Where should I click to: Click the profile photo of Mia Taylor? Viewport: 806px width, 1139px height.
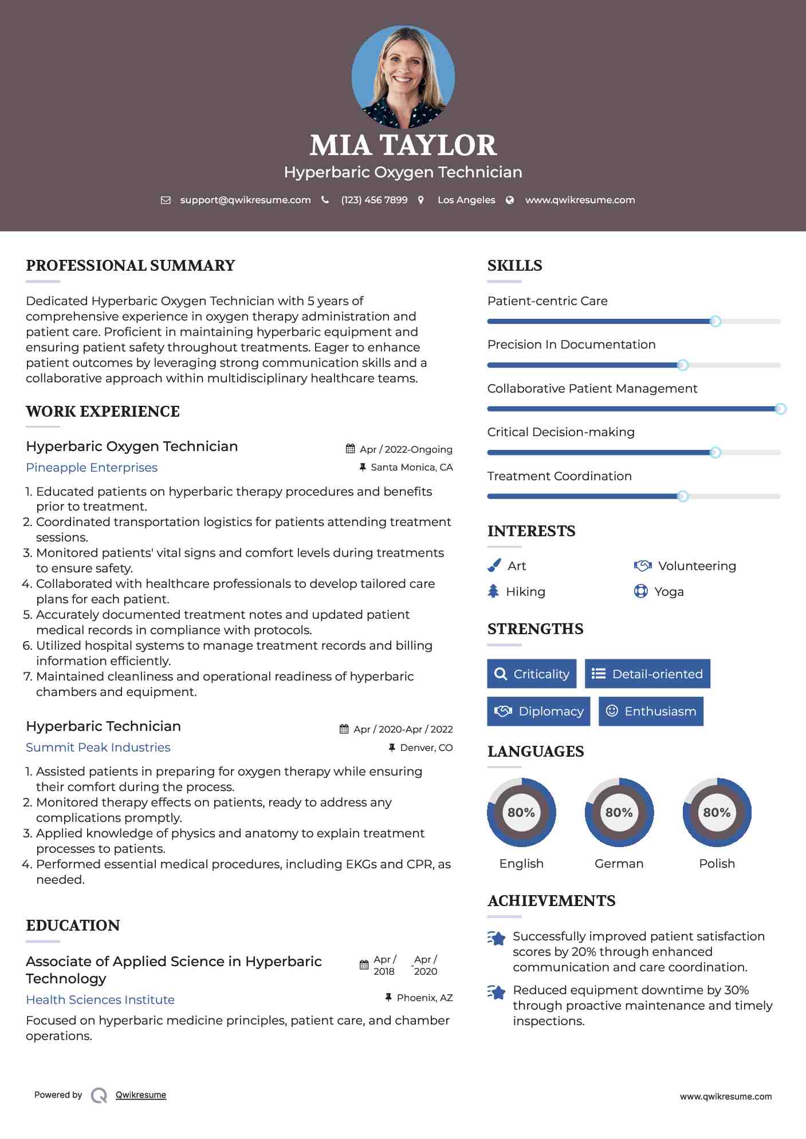403,77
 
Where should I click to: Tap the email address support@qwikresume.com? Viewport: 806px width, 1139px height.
245,200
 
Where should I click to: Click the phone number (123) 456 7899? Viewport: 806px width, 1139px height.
374,200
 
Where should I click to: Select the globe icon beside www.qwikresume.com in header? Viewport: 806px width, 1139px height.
510,200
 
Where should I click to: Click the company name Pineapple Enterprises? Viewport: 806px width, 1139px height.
92,468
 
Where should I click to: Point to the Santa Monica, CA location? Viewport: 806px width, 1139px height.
411,467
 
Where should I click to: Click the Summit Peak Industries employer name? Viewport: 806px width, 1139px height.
98,748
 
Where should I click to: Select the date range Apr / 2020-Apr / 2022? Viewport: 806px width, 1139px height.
403,729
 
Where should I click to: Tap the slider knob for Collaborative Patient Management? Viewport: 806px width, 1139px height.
780,409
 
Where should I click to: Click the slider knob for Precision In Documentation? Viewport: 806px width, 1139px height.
682,365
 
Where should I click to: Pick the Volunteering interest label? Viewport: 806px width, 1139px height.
697,566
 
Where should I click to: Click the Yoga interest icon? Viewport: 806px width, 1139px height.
640,591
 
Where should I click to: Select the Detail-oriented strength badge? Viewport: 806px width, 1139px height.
647,674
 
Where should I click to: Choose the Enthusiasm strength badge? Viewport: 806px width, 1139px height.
651,711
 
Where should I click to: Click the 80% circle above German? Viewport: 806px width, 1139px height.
619,812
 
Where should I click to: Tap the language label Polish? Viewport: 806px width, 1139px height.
717,864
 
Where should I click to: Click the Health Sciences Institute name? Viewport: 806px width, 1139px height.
100,1000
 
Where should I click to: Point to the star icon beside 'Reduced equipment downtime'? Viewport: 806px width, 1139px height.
497,992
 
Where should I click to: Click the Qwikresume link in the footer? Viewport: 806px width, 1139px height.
141,1095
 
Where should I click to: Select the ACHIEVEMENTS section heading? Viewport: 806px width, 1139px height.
551,901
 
